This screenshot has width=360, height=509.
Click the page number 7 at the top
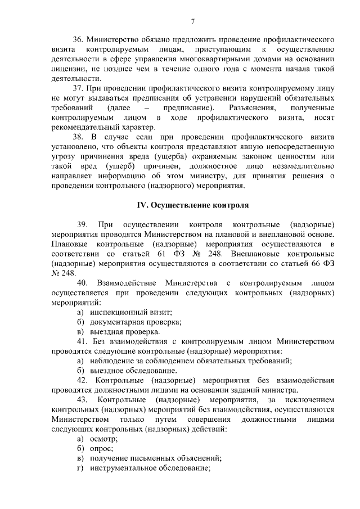(x=192, y=22)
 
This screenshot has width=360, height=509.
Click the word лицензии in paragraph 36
(x=67, y=69)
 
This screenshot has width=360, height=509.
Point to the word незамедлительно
(x=297, y=166)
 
